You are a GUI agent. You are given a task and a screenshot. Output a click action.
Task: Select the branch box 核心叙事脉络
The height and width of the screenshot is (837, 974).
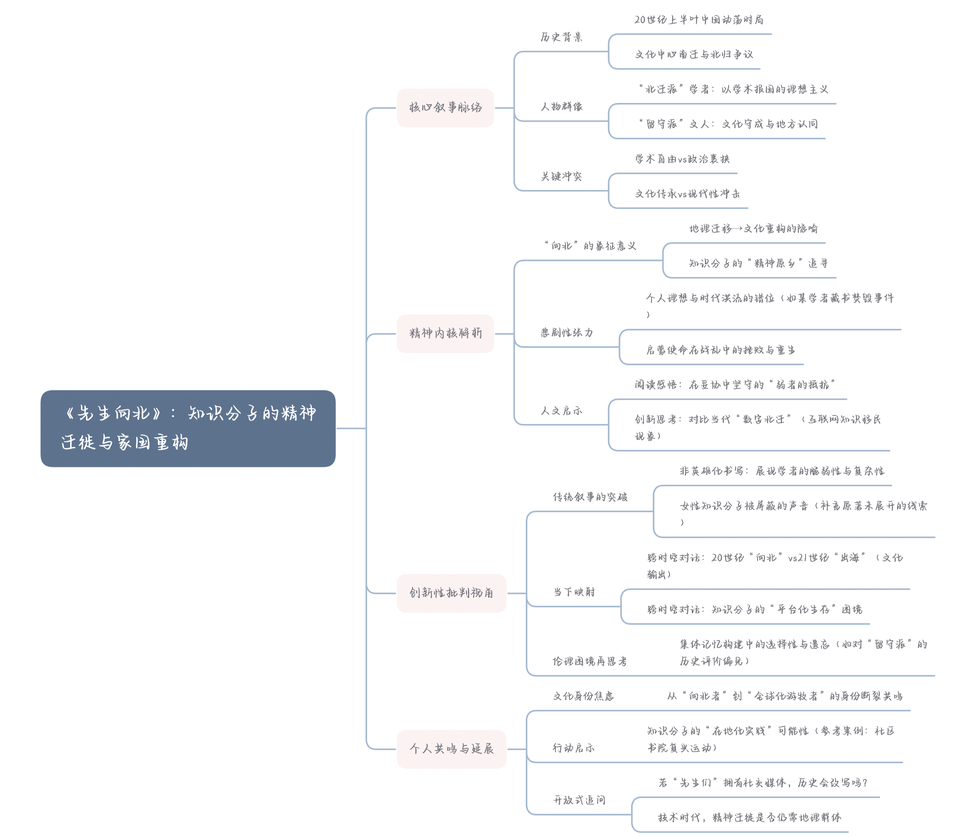(445, 108)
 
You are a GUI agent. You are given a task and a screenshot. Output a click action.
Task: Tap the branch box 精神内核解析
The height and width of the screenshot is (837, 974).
(445, 333)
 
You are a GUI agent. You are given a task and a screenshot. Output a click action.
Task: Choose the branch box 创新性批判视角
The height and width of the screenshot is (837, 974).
(451, 593)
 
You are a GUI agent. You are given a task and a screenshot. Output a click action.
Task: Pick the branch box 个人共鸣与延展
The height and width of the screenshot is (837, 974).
(451, 749)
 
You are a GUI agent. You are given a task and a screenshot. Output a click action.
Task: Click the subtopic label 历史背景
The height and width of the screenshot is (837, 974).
(561, 37)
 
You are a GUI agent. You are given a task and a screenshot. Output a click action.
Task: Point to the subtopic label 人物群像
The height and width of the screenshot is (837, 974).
(561, 107)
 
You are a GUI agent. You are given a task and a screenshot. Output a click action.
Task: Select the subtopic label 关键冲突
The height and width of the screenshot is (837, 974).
(561, 176)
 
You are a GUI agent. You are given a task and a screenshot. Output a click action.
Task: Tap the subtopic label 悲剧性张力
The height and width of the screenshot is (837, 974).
(567, 333)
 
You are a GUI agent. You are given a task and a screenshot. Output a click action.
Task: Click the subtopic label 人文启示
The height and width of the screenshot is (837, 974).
(561, 410)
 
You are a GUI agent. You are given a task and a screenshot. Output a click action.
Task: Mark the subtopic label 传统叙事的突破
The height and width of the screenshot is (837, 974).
(590, 497)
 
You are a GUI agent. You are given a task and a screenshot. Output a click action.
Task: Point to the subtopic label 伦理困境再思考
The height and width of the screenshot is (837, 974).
(590, 661)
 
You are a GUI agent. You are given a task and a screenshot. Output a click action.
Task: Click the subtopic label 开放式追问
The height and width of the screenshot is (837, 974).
(579, 800)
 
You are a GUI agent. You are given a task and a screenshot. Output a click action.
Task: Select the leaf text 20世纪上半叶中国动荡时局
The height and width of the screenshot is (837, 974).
(698, 20)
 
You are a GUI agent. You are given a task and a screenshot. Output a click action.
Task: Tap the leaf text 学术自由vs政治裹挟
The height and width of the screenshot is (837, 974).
(682, 159)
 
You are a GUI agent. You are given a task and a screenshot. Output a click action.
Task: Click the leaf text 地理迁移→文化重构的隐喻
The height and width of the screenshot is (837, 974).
(753, 228)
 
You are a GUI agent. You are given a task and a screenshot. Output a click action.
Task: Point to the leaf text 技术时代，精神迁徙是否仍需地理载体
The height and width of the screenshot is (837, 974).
(750, 817)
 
